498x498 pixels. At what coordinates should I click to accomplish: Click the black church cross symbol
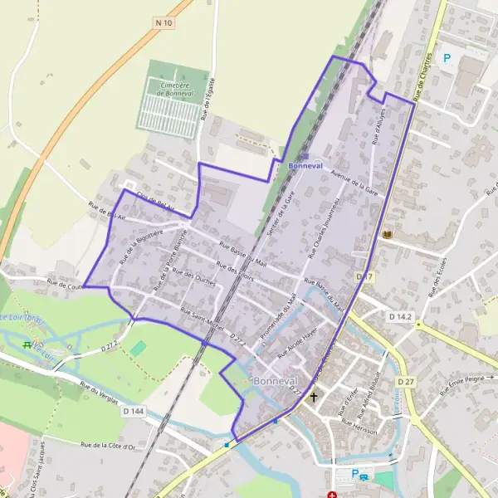click(x=314, y=398)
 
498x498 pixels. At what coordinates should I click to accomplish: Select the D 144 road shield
click(x=133, y=411)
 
